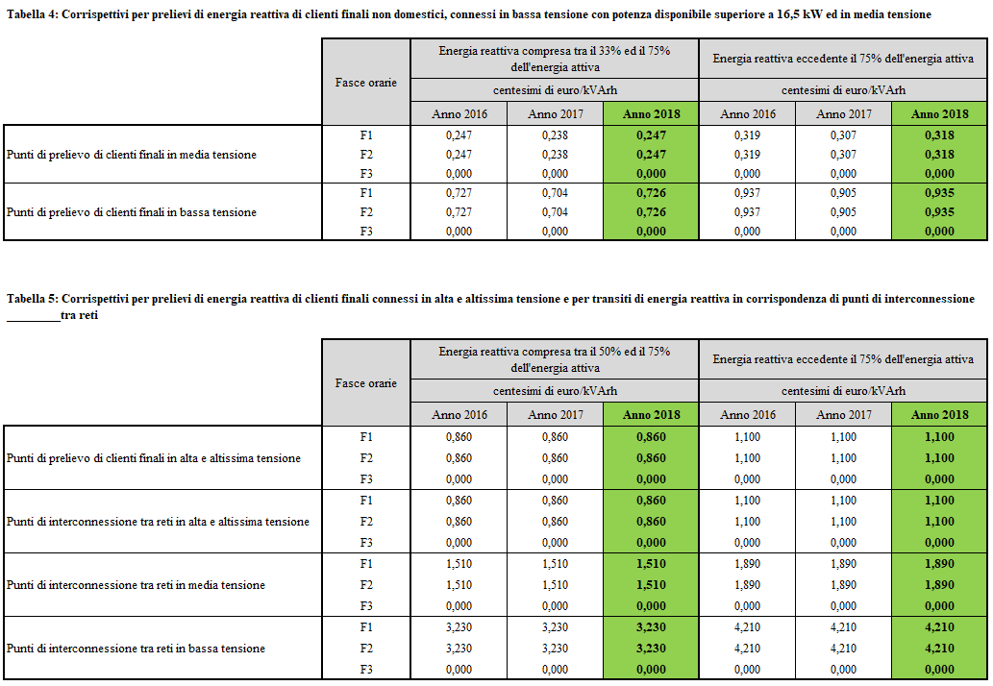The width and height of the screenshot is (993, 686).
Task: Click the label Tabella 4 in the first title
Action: [x=31, y=15]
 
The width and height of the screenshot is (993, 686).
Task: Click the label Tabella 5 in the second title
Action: [x=31, y=299]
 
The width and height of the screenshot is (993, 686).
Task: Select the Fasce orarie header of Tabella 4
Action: [x=365, y=83]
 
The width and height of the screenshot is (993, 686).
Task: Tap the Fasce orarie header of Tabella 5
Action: [x=365, y=383]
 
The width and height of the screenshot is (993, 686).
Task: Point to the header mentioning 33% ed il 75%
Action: [x=555, y=60]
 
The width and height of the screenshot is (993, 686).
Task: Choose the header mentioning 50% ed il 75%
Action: [x=555, y=359]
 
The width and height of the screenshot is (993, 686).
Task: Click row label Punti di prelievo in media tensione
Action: [x=132, y=155]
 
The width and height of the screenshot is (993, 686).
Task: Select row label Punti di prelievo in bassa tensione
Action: [x=132, y=212]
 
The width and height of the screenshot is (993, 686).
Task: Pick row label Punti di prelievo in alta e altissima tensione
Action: [x=153, y=458]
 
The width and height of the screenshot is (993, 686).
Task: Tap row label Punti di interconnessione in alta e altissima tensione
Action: [x=158, y=522]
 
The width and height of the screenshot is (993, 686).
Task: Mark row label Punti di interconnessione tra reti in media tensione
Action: [x=136, y=585]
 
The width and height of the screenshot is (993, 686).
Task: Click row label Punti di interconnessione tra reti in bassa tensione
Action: [x=136, y=649]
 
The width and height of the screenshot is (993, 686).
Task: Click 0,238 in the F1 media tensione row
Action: [x=556, y=135]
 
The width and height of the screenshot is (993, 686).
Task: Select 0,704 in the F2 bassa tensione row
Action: [x=556, y=212]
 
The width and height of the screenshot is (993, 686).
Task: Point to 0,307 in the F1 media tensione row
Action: [x=844, y=135]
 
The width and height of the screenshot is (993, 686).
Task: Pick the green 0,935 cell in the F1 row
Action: [x=939, y=193]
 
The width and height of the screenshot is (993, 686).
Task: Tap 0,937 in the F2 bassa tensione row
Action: [x=748, y=212]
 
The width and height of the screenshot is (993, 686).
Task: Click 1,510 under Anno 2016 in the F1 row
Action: [x=459, y=564]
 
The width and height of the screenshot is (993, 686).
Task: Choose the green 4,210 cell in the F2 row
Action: [x=939, y=649]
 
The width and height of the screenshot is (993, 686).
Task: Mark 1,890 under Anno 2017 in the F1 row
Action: [x=844, y=564]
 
